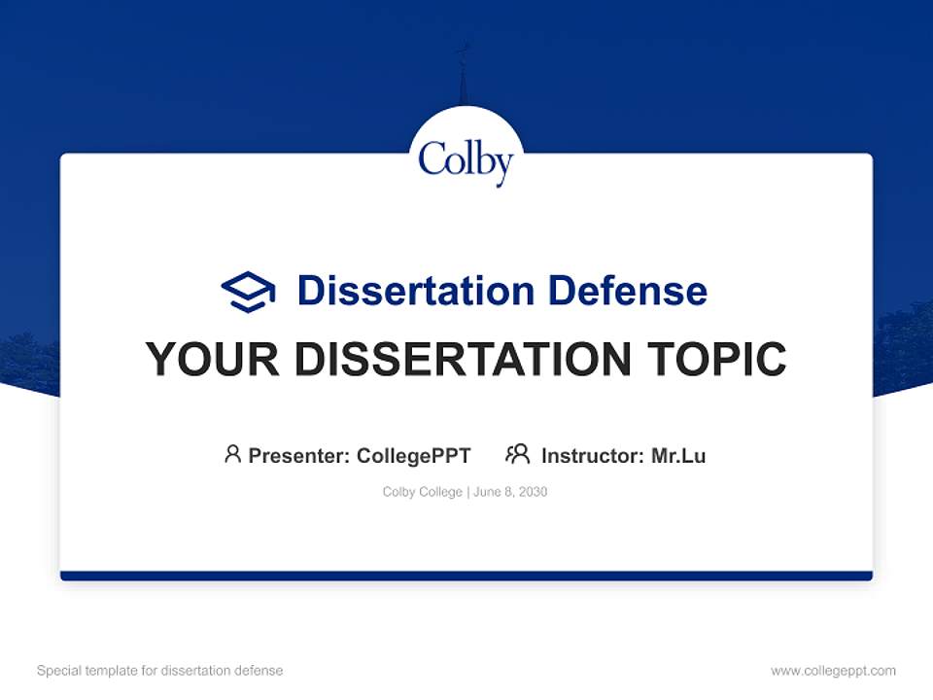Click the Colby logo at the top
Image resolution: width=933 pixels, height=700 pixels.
[x=466, y=160]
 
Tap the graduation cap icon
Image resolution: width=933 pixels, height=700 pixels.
[x=248, y=292]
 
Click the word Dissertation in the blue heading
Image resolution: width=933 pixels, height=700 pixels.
[x=416, y=291]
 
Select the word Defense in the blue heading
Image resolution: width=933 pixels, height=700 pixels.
[x=627, y=291]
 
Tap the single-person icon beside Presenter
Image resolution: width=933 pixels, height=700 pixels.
[x=232, y=454]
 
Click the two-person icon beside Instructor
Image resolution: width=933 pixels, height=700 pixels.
[x=517, y=454]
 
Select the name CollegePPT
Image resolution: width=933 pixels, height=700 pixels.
[x=413, y=455]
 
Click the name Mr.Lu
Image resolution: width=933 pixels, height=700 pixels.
[x=678, y=455]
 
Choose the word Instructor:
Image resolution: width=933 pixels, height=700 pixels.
[x=593, y=455]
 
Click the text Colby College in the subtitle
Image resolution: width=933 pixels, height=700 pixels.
[x=423, y=492]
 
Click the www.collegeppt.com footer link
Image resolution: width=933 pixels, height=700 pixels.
[x=833, y=671]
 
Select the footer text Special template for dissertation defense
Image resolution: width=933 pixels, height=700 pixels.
[x=160, y=671]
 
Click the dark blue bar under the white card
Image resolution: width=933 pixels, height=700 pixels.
[x=466, y=576]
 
